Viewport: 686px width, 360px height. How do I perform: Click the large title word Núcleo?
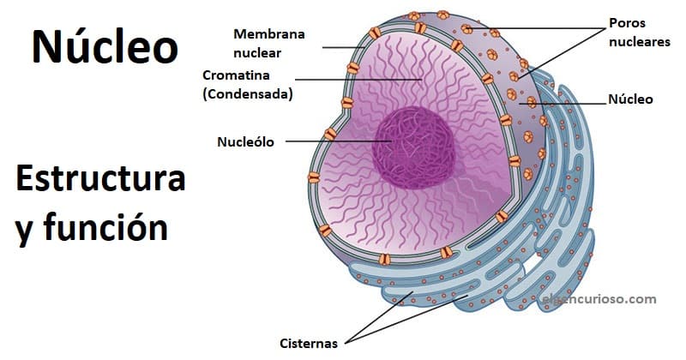click(105, 47)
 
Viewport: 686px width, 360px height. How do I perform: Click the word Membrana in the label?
click(268, 33)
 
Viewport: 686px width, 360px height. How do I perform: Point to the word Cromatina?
click(238, 75)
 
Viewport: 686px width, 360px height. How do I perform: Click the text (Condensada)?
click(248, 93)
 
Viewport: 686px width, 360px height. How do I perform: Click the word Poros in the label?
click(626, 22)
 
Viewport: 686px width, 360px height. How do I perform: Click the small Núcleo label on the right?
click(630, 99)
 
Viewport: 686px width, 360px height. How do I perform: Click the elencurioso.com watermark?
click(599, 299)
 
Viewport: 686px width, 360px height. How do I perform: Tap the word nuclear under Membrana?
click(258, 51)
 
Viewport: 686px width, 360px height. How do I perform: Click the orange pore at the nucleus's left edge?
click(330, 135)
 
